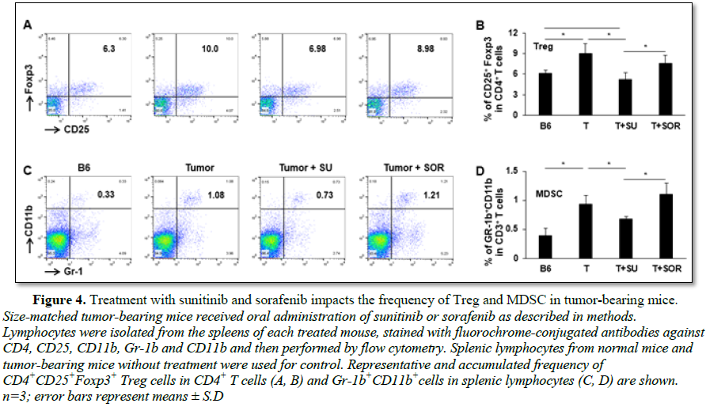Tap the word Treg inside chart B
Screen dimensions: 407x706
point(541,47)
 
